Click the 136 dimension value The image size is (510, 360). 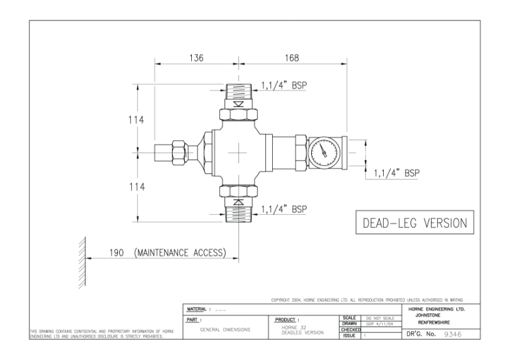[x=195, y=57]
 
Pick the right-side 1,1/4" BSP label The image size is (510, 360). [x=397, y=172]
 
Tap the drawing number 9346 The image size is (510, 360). [x=453, y=335]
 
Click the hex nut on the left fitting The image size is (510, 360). [x=180, y=152]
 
